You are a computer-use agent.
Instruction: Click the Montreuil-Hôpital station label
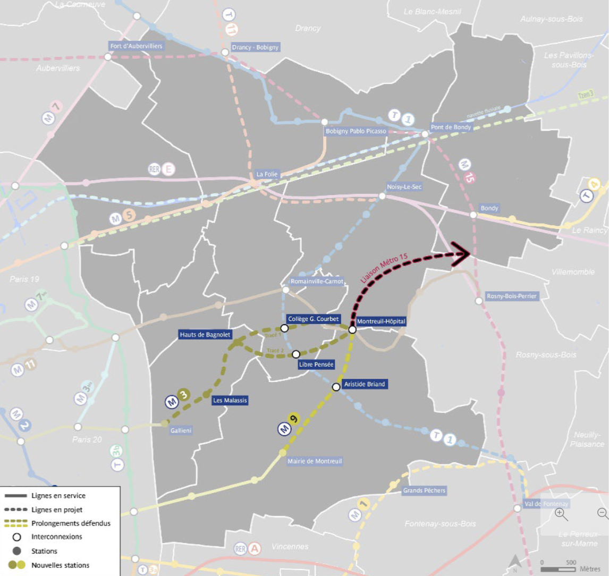[x=381, y=321]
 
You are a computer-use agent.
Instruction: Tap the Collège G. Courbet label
[x=312, y=319]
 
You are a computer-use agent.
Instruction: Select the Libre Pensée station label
[x=316, y=365]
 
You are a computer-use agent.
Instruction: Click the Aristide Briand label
[x=364, y=384]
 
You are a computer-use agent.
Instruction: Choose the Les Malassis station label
[x=230, y=400]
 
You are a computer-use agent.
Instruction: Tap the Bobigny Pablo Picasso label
[x=356, y=131]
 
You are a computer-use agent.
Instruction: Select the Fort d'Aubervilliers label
[x=137, y=46]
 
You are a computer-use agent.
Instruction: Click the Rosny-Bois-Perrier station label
[x=512, y=296]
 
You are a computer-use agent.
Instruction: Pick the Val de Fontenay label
[x=546, y=504]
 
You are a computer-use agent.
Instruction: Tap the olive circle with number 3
[x=184, y=395]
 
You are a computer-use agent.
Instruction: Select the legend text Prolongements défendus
[x=71, y=523]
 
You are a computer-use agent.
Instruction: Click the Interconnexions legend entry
[x=56, y=537]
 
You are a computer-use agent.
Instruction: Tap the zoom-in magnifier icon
[x=561, y=514]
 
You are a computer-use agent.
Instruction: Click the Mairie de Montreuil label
[x=315, y=461]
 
